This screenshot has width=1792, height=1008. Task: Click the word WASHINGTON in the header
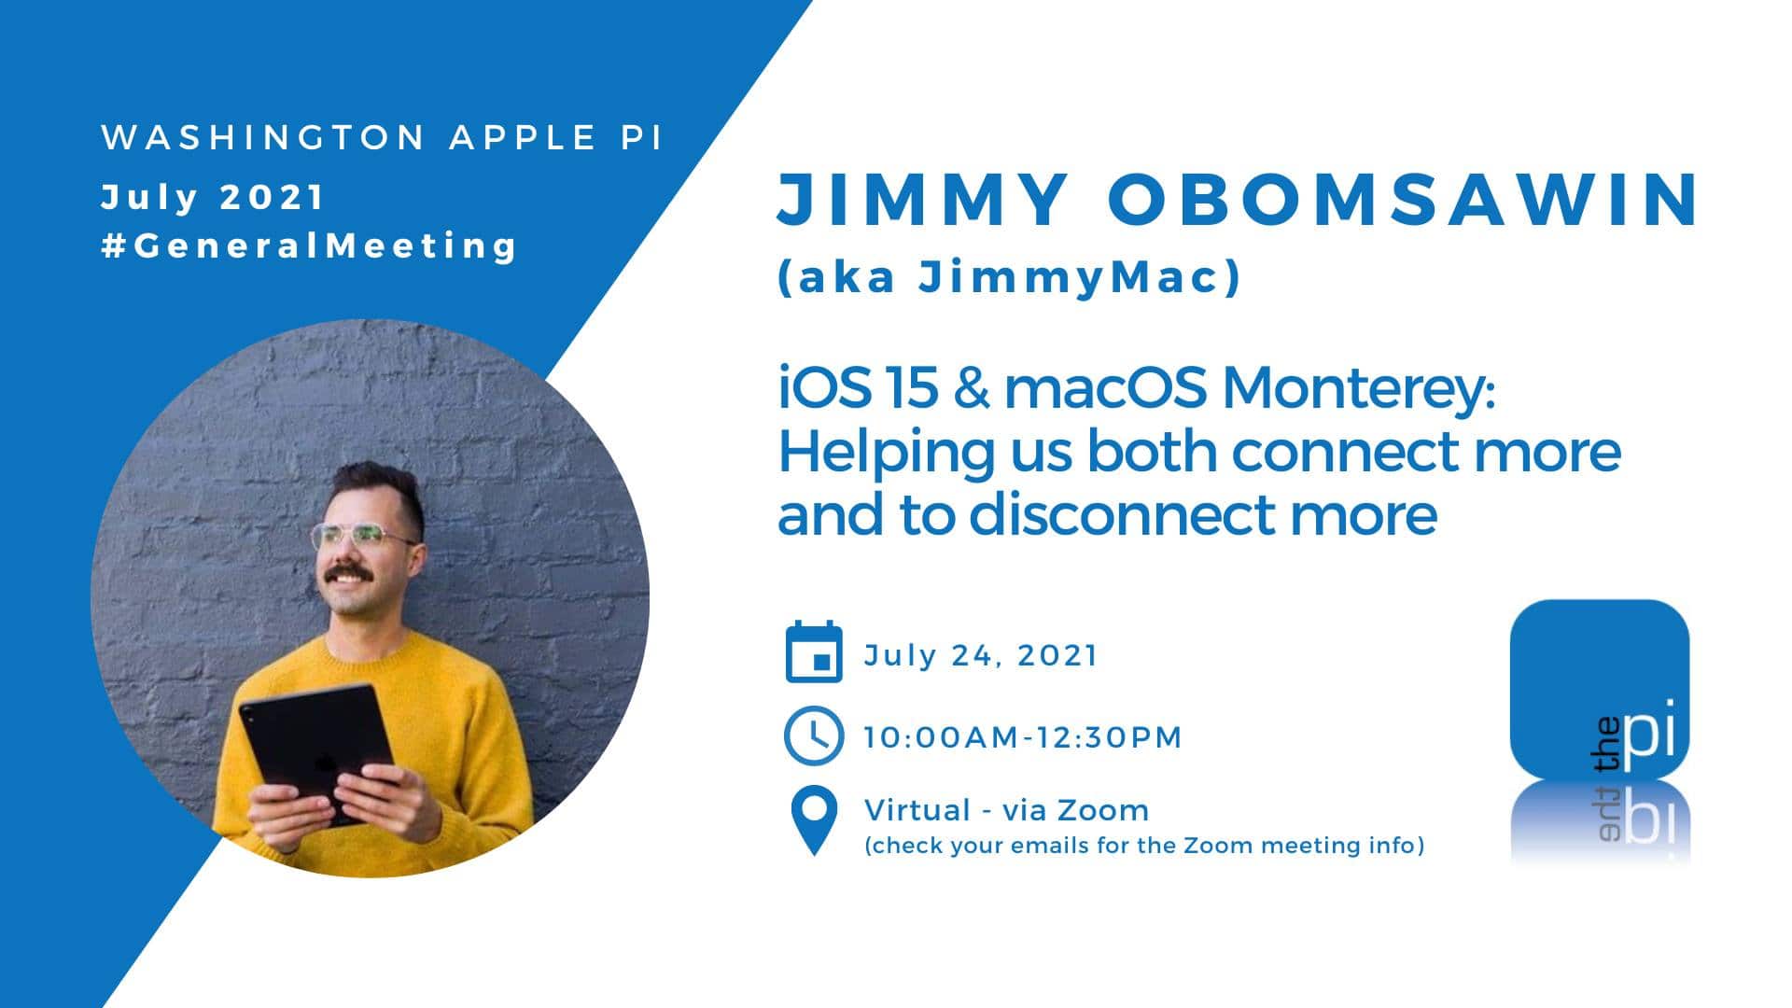pyautogui.click(x=263, y=138)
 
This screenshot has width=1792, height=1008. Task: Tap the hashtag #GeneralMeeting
pyautogui.click(x=309, y=246)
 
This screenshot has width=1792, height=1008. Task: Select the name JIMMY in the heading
pyautogui.click(x=922, y=199)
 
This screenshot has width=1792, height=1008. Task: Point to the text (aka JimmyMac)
pyautogui.click(x=1009, y=277)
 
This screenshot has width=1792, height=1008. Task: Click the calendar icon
pyautogui.click(x=814, y=651)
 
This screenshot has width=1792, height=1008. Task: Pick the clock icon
pyautogui.click(x=814, y=735)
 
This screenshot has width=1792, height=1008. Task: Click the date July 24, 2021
pyautogui.click(x=981, y=655)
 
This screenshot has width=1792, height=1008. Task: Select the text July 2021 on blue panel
pyautogui.click(x=213, y=198)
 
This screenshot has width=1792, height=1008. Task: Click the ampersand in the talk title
pyautogui.click(x=972, y=388)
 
